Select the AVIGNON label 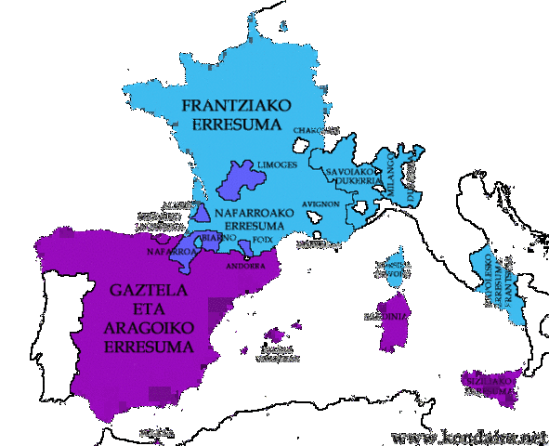pyautogui.click(x=320, y=204)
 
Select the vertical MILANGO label pyautogui.click(x=391, y=174)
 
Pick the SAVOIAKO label pyautogui.click(x=348, y=173)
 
